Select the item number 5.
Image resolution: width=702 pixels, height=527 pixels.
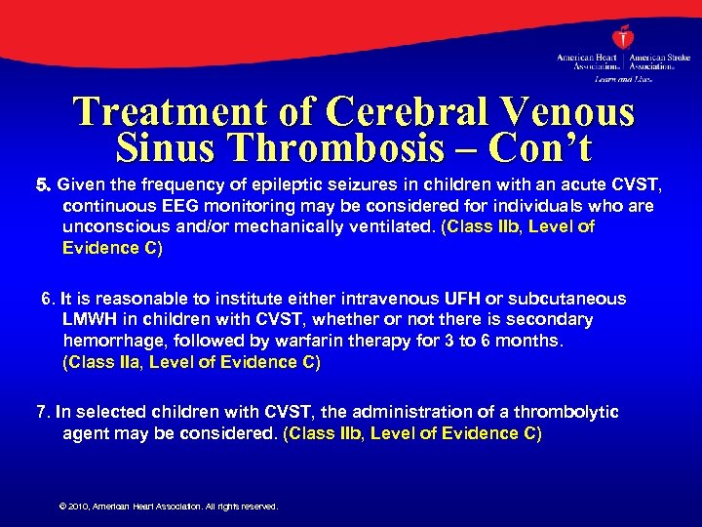pyautogui.click(x=42, y=184)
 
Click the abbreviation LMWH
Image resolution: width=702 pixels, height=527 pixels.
pyautogui.click(x=89, y=319)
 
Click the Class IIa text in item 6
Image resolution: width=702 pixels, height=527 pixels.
pyautogui.click(x=107, y=362)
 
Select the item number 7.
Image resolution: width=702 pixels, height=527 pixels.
pyautogui.click(x=42, y=412)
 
